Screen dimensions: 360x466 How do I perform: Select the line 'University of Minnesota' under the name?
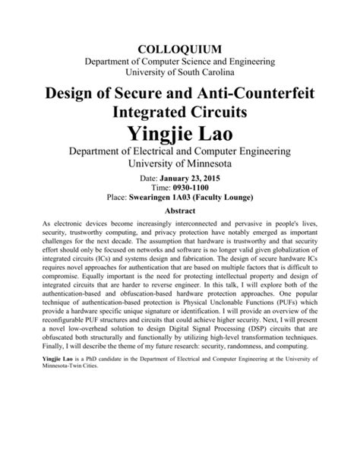point(180,163)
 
